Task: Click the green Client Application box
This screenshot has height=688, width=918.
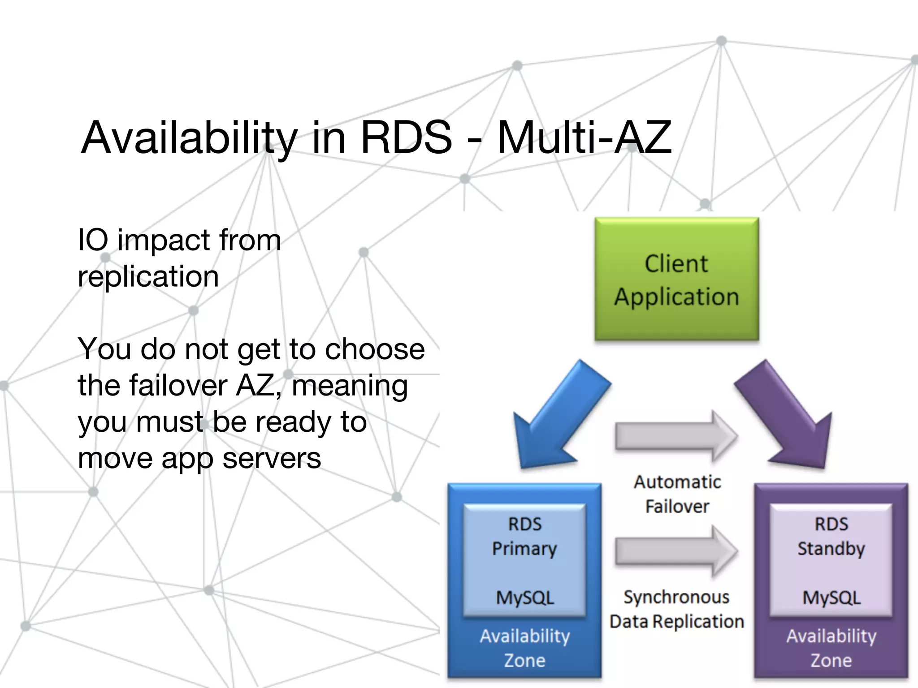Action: [676, 279]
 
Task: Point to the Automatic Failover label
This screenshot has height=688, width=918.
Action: [677, 494]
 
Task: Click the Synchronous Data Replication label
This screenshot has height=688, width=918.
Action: [676, 609]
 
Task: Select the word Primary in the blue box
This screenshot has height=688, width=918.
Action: [524, 549]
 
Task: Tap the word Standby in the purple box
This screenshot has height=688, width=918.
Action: [831, 549]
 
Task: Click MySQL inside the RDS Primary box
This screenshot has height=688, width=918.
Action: [525, 598]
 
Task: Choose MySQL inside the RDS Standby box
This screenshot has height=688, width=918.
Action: [831, 598]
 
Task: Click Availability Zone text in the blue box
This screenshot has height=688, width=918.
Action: [525, 648]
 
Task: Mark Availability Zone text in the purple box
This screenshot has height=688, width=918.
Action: [831, 648]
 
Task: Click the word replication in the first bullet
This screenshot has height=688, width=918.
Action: [148, 277]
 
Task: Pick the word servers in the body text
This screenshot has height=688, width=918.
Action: [272, 459]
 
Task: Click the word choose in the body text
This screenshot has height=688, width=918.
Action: [375, 349]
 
